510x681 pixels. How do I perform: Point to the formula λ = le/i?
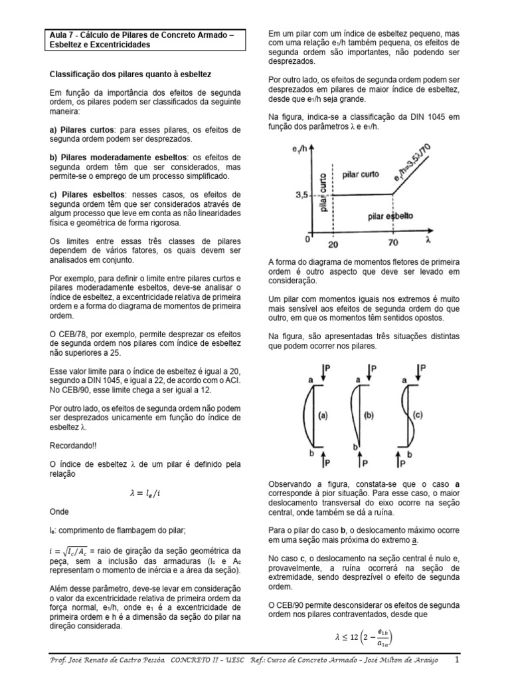click(x=145, y=493)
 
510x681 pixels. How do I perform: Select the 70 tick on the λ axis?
click(x=393, y=244)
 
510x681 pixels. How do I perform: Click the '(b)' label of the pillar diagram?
click(x=369, y=417)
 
